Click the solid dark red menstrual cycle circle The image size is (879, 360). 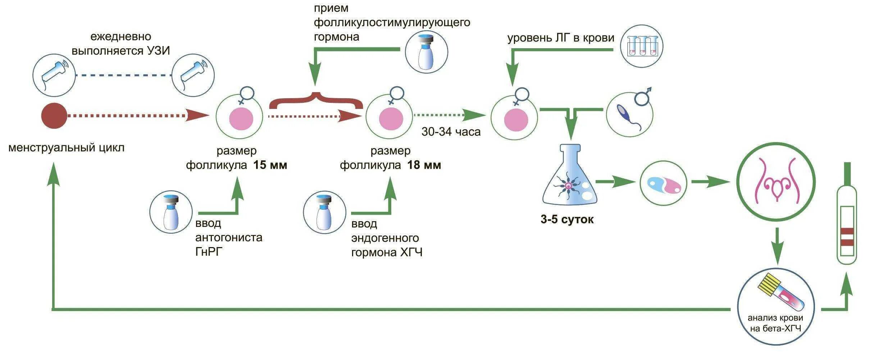pos(54,116)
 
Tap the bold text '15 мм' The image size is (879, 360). pos(270,165)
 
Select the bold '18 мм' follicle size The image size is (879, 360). pos(424,165)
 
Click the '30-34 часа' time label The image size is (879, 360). pos(451,132)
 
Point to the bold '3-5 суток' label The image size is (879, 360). pos(567,219)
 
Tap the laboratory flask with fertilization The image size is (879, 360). pos(570,180)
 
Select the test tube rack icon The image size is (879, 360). pos(642,46)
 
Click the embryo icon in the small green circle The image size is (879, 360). pos(664,183)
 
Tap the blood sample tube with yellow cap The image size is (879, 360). pos(776,295)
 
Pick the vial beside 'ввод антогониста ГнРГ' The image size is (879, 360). pos(171,212)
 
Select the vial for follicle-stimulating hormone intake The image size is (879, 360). pos(426,52)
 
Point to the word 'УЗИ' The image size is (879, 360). pos(158,51)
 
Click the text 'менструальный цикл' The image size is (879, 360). pos(67,148)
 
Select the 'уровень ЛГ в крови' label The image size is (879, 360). pos(561,38)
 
